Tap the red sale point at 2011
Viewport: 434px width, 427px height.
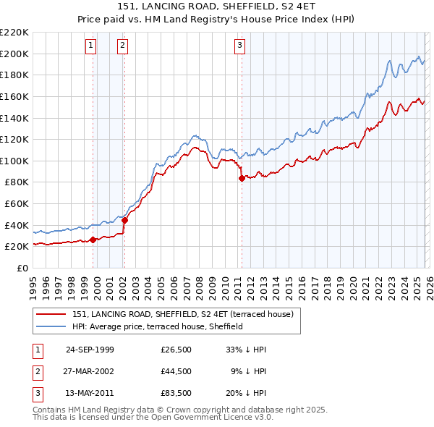point(242,179)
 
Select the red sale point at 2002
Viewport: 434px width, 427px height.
point(124,220)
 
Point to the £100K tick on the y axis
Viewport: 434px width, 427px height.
point(15,161)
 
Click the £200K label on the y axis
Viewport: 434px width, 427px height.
point(15,54)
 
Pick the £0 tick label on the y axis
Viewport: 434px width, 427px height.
point(23,268)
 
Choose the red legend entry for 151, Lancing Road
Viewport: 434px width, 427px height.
point(182,314)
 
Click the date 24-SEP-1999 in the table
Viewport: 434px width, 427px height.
point(90,350)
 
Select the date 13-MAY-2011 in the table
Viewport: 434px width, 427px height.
point(90,393)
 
